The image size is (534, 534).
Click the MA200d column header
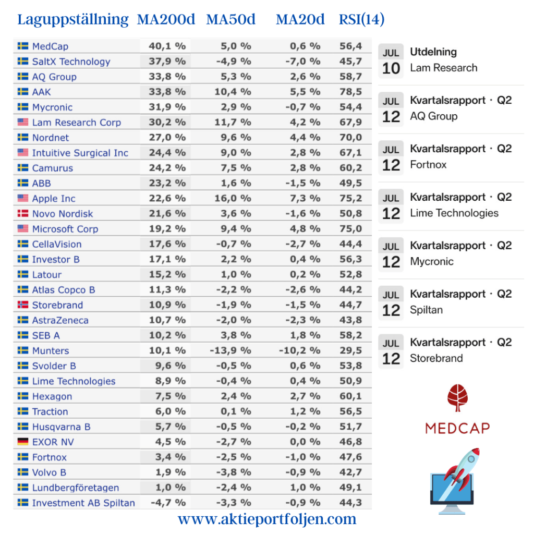166,20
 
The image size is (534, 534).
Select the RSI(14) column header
361,20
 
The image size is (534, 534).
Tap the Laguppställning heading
72,20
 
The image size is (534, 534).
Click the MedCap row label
50,46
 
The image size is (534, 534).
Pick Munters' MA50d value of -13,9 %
230,350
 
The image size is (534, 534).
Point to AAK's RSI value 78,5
350,92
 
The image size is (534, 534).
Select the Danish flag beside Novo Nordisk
23,214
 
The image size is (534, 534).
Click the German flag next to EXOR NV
23,442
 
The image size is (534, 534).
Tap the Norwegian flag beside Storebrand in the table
23,305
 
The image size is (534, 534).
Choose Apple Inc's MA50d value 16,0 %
235,199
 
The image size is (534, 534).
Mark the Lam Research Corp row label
76,123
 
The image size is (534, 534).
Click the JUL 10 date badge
391,60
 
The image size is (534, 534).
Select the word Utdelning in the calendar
433,52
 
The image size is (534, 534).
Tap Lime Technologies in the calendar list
454,213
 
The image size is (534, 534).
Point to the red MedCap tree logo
457,398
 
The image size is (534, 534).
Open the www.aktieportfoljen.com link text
267,519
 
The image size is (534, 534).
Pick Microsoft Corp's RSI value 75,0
350,229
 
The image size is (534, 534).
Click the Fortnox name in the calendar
428,164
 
